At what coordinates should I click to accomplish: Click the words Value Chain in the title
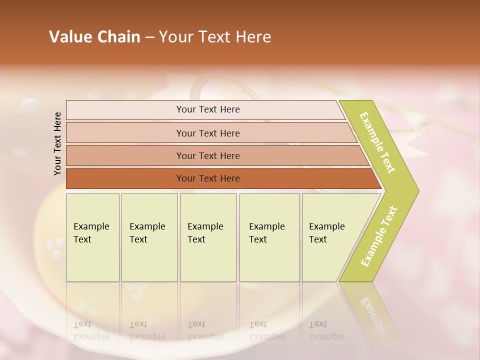click(x=94, y=37)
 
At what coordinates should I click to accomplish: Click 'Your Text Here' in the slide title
click(x=215, y=37)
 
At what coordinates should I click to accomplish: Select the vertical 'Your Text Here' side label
click(x=57, y=144)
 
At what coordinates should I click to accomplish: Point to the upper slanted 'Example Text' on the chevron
click(x=377, y=143)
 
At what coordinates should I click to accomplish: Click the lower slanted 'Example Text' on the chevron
click(x=378, y=236)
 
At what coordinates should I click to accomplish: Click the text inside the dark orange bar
click(x=208, y=178)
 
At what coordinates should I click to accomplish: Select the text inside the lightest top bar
click(x=208, y=109)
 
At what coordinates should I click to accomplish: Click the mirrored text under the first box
click(x=91, y=330)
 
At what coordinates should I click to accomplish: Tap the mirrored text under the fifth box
click(x=327, y=330)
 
